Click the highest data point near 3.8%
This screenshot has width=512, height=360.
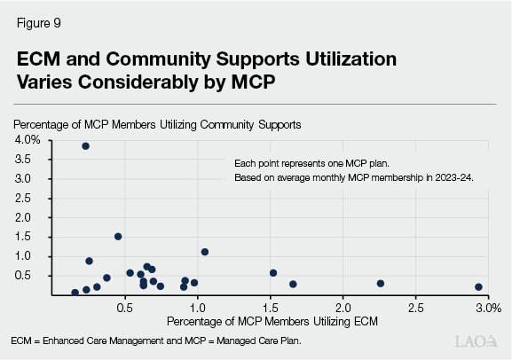coord(85,146)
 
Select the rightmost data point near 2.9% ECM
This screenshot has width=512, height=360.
coord(478,287)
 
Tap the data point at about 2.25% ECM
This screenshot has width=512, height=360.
coord(380,284)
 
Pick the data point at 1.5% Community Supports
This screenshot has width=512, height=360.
coord(118,237)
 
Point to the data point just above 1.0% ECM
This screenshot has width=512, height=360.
coord(205,252)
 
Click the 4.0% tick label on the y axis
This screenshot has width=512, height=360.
coord(28,140)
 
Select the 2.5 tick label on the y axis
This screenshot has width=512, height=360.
coord(32,198)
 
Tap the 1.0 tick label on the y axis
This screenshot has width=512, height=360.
coord(32,256)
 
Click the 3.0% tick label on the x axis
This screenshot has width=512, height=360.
coord(487,307)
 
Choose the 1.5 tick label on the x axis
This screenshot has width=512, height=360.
coord(270,307)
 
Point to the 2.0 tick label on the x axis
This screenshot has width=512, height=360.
coord(343,307)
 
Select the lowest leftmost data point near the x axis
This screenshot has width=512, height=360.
coord(75,293)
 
